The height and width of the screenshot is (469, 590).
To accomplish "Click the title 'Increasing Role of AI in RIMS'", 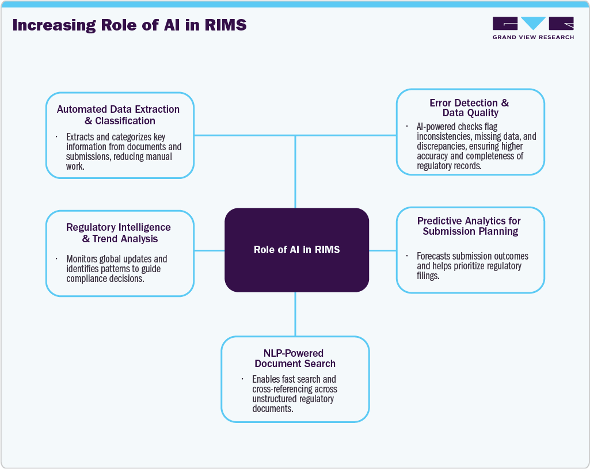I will point(130,25).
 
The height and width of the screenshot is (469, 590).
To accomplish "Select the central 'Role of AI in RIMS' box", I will point(296,250).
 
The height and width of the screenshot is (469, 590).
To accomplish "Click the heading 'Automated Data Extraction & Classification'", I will point(118,115).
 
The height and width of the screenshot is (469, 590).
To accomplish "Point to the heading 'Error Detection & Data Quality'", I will point(470,108).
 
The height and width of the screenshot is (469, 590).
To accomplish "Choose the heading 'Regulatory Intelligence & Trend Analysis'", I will point(118,233).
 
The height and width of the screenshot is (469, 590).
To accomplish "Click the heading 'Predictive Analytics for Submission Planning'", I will point(470,226).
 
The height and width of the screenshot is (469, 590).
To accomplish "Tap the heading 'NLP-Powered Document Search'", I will point(295,359).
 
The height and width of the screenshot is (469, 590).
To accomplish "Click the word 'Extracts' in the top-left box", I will point(81,138).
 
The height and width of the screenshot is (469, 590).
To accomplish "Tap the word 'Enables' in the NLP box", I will point(267,380).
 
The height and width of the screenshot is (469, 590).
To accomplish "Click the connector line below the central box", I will point(295,314).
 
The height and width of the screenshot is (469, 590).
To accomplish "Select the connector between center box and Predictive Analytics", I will point(382,250).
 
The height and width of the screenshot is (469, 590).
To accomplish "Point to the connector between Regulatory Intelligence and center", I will point(209,250).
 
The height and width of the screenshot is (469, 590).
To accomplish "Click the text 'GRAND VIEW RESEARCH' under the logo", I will point(533,37).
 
